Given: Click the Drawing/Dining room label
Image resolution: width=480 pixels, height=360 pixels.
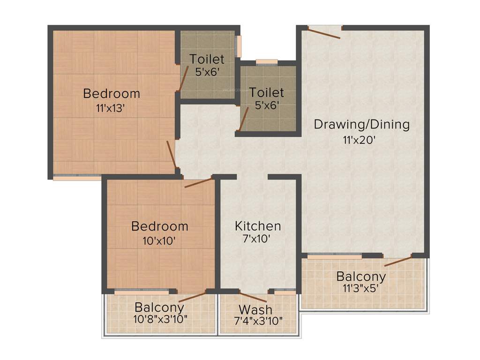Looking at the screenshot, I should [x=361, y=125].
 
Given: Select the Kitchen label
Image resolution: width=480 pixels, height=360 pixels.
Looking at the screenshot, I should [x=258, y=226].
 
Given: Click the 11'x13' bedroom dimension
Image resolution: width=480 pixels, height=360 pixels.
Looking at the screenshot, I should [x=111, y=108].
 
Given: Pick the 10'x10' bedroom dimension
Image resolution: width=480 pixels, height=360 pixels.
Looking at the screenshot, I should [x=159, y=241].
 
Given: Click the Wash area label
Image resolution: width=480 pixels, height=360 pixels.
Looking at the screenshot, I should [x=255, y=310].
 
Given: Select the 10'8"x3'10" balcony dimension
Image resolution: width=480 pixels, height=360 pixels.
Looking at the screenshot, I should [x=160, y=320].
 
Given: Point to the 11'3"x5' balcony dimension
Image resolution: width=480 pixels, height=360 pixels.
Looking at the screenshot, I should [x=361, y=288].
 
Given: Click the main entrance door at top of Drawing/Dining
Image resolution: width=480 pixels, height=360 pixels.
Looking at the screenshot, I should [x=324, y=33].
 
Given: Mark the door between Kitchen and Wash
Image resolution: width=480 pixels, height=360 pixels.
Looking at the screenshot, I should [x=253, y=297].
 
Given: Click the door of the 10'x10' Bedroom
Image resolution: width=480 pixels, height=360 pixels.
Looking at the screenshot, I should [x=198, y=182].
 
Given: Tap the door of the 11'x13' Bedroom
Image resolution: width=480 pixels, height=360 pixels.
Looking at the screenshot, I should [x=172, y=154].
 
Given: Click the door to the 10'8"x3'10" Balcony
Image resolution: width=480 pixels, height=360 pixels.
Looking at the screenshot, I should [x=192, y=296].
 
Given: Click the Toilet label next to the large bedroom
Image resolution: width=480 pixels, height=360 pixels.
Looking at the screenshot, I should [x=207, y=60].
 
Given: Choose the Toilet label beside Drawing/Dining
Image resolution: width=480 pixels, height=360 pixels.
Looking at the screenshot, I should [x=266, y=92].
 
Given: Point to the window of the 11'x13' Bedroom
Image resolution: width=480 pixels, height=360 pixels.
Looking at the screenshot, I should [x=77, y=177].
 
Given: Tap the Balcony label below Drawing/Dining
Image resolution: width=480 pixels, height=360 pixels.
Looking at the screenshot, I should [x=361, y=276].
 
